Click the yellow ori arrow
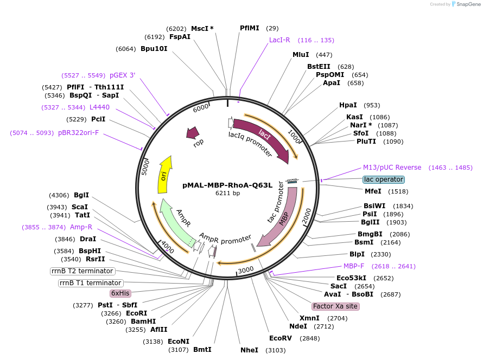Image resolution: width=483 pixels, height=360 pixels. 164,175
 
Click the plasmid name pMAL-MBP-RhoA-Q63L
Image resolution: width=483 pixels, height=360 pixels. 227,185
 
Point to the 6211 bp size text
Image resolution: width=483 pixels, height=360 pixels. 227,193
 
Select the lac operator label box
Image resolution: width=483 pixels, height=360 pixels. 384,179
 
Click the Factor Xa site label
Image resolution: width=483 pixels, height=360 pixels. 335,306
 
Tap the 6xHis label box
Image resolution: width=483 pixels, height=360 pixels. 120,293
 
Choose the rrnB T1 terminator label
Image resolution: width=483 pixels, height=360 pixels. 90,283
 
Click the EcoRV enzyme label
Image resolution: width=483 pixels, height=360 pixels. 281,338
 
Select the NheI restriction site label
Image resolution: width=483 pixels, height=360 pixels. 250,350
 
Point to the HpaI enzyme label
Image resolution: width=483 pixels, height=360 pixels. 348,105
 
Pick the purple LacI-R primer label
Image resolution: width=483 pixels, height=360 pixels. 280,40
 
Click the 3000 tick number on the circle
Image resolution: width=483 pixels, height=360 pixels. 246,269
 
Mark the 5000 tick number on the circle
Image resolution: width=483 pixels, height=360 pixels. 145,166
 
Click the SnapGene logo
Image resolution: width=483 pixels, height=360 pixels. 466,4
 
